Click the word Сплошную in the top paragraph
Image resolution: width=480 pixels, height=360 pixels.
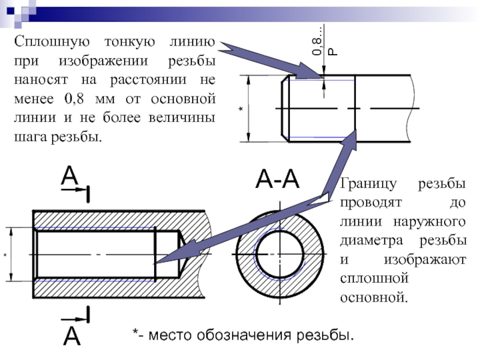pos(52,42)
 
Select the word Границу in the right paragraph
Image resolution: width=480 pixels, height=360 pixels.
pos(368,184)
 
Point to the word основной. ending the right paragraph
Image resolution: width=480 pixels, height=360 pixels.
pos(374,298)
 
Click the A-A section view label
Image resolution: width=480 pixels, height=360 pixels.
pos(277,179)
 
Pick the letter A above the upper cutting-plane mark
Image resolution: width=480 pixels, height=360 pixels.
pos(70,175)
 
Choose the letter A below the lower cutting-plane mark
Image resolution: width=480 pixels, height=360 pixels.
pos(72,336)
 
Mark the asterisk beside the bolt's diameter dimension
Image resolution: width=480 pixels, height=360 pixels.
pos(241,109)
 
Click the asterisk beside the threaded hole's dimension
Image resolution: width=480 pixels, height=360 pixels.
pos(5,255)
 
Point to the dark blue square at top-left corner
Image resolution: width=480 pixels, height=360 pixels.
pos(11,11)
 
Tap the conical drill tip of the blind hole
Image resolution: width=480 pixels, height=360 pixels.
pos(182,254)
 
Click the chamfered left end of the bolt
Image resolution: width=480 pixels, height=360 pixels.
pos(286,109)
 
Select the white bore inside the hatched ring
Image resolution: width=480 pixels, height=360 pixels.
pos(280,254)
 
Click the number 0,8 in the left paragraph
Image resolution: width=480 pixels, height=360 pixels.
pos(74,99)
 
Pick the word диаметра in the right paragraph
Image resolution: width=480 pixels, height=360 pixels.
pos(371,241)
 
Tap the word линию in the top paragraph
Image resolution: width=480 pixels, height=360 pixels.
pos(193,42)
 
